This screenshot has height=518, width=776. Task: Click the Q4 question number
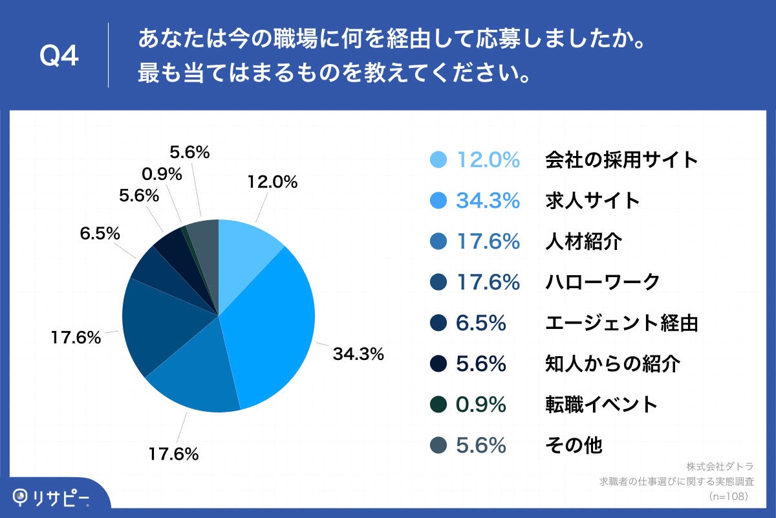[x=59, y=56]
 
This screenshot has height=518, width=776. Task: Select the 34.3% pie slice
[x=272, y=324]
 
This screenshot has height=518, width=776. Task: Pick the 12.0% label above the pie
[x=272, y=183]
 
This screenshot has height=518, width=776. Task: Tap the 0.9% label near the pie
[x=161, y=174]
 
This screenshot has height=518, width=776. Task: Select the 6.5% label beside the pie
[x=100, y=234]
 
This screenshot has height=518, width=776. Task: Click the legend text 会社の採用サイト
[x=621, y=159]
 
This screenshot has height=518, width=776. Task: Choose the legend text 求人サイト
[x=592, y=200]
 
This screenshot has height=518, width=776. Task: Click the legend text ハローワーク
[x=602, y=282]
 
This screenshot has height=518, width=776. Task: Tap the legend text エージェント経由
[x=621, y=322]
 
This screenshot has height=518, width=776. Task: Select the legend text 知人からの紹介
[x=612, y=364]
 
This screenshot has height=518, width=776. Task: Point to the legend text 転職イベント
[x=601, y=405]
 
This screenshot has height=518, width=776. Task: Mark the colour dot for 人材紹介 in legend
[x=438, y=242]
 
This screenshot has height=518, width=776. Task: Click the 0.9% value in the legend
[x=480, y=405]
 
